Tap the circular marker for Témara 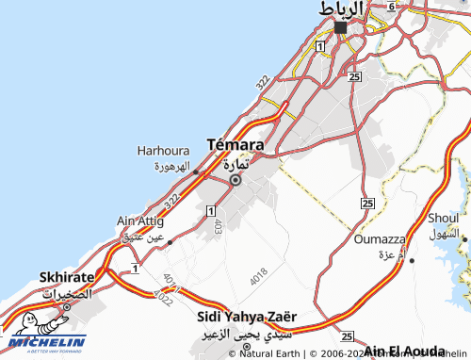tap(235, 180)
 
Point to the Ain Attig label tap(140, 221)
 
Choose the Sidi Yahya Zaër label tap(247, 319)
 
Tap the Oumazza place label tap(379, 239)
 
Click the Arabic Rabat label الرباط tap(342, 8)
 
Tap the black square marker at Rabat tap(340, 27)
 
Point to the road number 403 tap(218, 226)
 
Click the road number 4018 tap(259, 277)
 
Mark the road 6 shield tap(391, 5)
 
